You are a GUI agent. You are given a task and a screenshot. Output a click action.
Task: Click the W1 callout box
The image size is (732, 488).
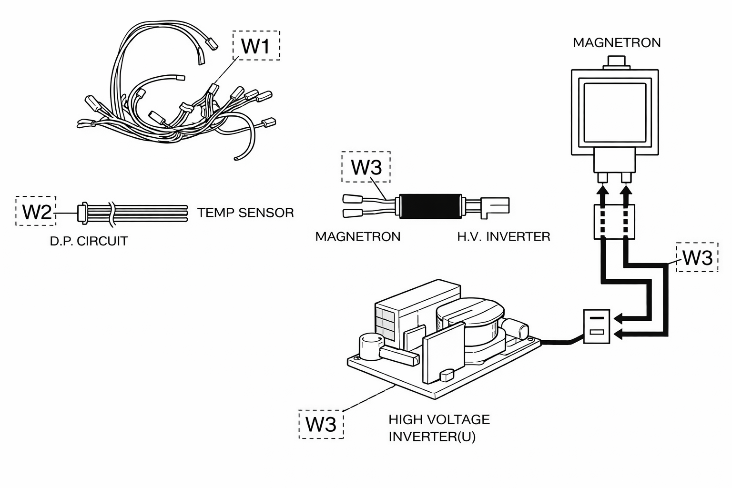coord(256,45)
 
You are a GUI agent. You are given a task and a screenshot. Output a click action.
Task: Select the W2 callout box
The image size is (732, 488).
coord(36,211)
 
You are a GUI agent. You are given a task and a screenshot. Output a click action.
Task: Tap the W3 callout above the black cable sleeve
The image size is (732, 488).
coord(366,167)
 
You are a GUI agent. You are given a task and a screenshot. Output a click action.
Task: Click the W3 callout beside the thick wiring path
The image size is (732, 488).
coord(697,257)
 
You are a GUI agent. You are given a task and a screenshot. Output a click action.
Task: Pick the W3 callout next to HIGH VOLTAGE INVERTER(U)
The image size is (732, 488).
coord(321,424)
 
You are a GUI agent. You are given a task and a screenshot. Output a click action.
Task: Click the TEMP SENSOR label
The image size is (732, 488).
coord(245,213)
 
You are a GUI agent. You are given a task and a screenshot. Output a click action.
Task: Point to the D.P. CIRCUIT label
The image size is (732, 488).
coord(89,241)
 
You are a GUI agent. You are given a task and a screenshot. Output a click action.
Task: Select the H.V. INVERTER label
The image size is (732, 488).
coord(504,237)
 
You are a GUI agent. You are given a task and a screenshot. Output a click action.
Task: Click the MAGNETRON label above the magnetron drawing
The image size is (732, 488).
coord(617,43)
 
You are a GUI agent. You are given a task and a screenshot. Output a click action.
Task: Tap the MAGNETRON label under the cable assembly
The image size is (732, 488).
coord(358,237)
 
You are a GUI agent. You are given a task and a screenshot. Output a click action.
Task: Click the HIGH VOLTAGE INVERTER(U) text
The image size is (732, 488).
coord(439,428)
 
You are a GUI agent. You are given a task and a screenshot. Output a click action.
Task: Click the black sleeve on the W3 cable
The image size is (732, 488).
coord(430,206)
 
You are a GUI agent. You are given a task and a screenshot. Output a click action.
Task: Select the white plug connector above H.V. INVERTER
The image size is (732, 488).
coord(495,207)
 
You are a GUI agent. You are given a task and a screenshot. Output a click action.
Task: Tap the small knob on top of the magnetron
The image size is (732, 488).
coord(616,62)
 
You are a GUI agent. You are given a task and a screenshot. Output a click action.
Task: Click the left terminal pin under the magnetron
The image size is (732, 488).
coord(602,178)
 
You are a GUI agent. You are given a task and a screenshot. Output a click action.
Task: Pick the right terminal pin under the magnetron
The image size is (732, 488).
coord(626,178)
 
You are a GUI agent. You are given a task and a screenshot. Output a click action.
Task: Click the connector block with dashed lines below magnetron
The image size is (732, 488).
coord(614,222)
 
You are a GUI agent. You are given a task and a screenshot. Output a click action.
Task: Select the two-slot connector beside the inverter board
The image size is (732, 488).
coord(596,326)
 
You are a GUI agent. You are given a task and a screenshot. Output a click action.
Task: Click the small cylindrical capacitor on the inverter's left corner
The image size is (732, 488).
coord(371,346)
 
